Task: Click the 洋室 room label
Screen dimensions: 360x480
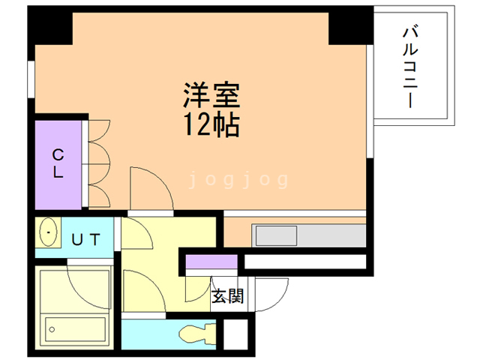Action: click(x=212, y=95)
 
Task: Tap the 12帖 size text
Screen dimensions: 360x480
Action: click(x=212, y=124)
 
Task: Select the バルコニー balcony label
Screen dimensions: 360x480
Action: click(x=410, y=67)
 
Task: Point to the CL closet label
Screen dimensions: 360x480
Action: click(x=58, y=163)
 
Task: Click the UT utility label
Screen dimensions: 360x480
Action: click(x=87, y=239)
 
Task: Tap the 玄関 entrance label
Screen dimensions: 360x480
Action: click(x=227, y=296)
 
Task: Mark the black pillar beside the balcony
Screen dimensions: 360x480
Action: click(x=350, y=25)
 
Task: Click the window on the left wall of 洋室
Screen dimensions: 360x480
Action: click(x=31, y=79)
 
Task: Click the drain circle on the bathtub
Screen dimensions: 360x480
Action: click(x=52, y=328)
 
